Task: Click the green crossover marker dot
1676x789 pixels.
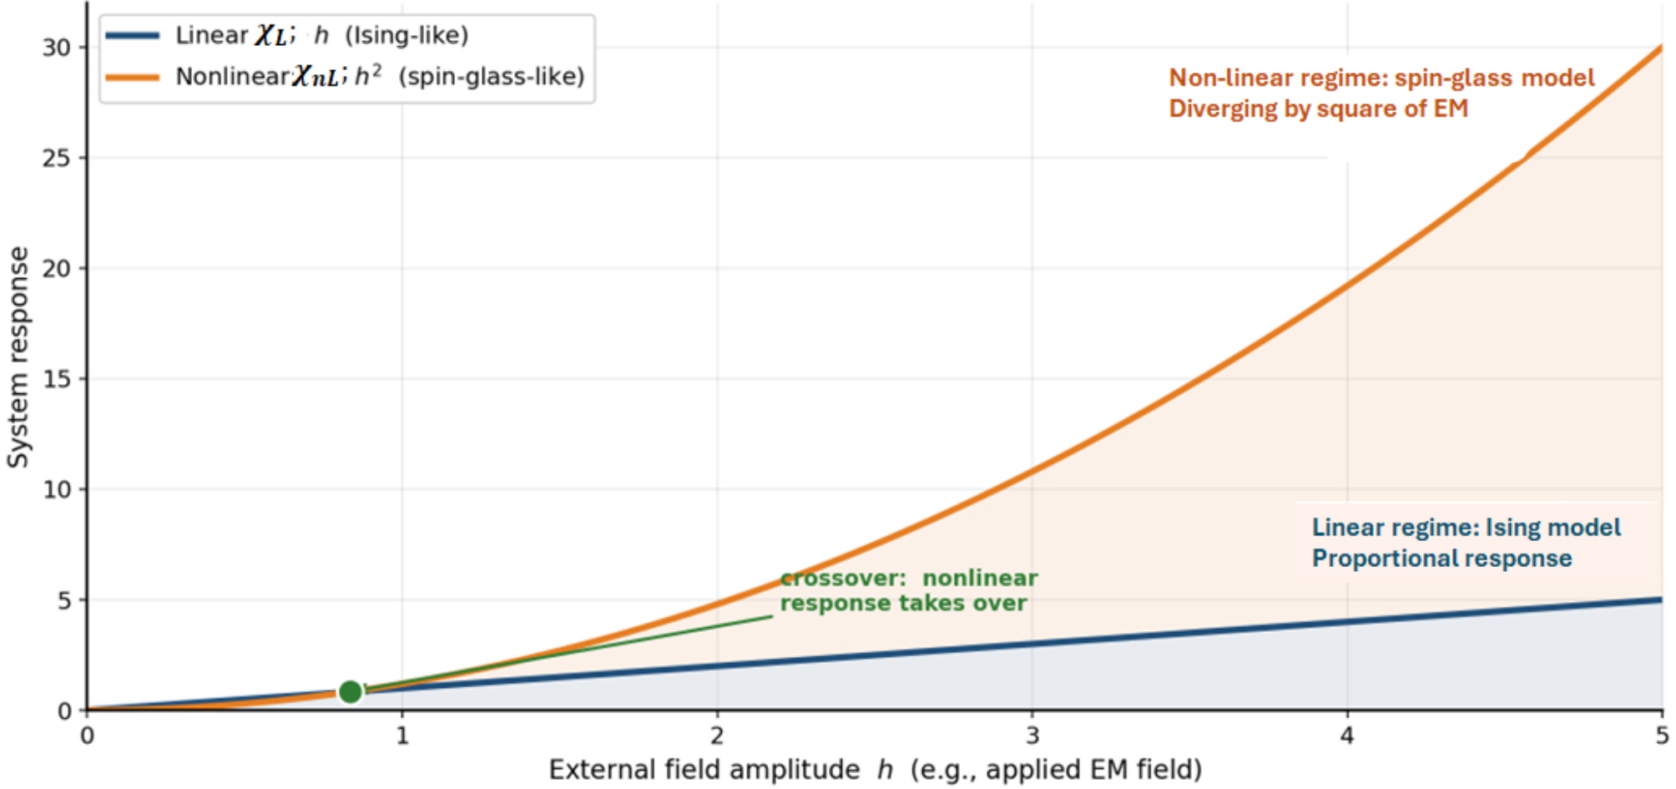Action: point(351,691)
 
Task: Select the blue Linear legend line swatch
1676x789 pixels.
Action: point(133,35)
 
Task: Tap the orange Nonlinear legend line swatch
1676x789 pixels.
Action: point(133,77)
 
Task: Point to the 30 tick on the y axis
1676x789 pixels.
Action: point(57,48)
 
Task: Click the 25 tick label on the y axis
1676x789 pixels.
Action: point(57,158)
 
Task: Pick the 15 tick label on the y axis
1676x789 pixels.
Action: point(57,379)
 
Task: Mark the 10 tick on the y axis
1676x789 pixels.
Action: point(57,489)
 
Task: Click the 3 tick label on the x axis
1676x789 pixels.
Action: point(1032,736)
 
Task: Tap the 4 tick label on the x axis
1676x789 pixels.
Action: point(1347,736)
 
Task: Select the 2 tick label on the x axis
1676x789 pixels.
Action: point(717,736)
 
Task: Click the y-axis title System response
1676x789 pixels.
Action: point(18,357)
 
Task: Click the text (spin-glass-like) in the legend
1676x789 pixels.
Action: point(492,77)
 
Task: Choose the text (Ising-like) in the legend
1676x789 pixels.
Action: point(406,35)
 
